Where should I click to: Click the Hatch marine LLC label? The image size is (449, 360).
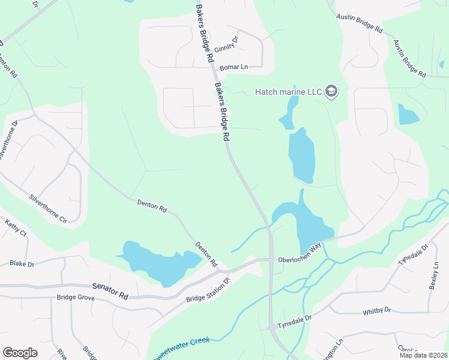[289, 92]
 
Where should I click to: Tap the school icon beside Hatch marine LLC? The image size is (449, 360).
[332, 91]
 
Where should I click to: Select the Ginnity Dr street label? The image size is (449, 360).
[226, 45]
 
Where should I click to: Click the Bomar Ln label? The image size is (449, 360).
[234, 67]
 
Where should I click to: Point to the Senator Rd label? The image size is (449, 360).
[110, 292]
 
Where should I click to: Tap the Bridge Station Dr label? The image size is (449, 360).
[208, 290]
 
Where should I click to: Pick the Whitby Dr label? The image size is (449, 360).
[377, 311]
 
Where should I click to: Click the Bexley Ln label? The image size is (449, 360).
[434, 275]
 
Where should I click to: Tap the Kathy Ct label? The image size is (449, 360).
[16, 229]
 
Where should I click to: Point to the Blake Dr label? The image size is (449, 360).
[22, 263]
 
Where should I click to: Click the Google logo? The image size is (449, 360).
[20, 352]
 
